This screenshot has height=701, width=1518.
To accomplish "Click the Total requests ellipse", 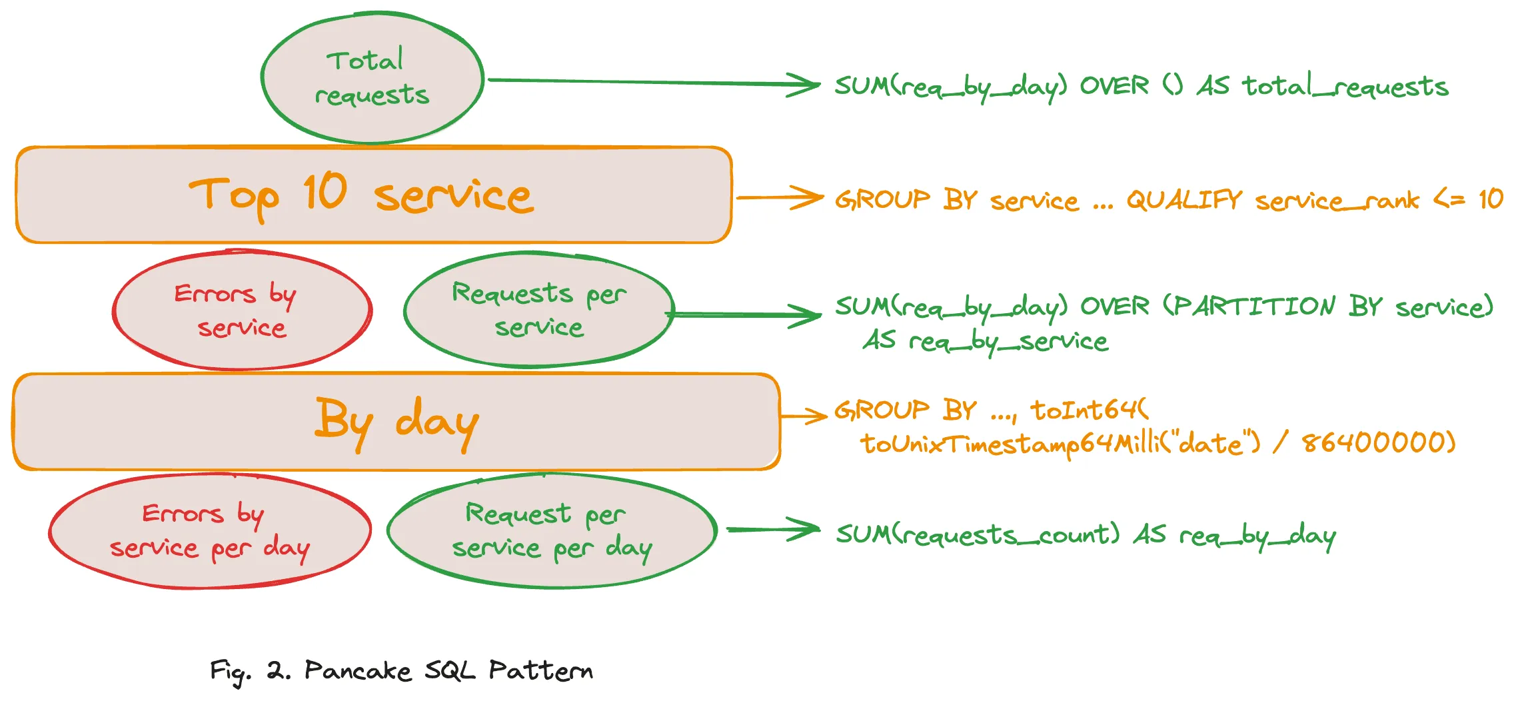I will point(373,78).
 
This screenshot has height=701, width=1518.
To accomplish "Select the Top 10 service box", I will point(374,195).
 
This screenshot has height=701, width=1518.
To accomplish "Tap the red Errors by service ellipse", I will point(242,311).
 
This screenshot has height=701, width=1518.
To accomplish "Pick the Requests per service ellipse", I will point(538,311).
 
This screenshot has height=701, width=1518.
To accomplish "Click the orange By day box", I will point(396,422).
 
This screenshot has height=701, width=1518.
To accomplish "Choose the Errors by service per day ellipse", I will point(210,531).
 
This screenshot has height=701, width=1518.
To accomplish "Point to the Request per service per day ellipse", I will point(552,531).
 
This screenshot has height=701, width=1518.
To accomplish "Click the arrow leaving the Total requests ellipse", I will point(653,83).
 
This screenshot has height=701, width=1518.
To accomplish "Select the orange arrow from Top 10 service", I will point(780,198).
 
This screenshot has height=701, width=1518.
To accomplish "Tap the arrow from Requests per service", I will point(746,315).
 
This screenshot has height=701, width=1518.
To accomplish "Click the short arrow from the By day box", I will point(804,416).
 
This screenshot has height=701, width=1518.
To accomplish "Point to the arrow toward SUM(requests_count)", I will point(773,530).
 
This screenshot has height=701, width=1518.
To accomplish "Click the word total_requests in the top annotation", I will point(1345,87).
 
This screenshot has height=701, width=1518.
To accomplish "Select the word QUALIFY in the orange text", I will point(1184,199).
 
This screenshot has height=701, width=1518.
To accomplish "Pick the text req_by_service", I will point(1008,342).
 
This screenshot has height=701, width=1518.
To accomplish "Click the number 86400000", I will point(1378,442).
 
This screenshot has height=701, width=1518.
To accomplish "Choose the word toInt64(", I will point(1090,410).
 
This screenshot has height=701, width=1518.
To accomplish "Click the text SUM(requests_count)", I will point(978,534).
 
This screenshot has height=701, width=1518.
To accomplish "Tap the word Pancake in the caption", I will point(357,670).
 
